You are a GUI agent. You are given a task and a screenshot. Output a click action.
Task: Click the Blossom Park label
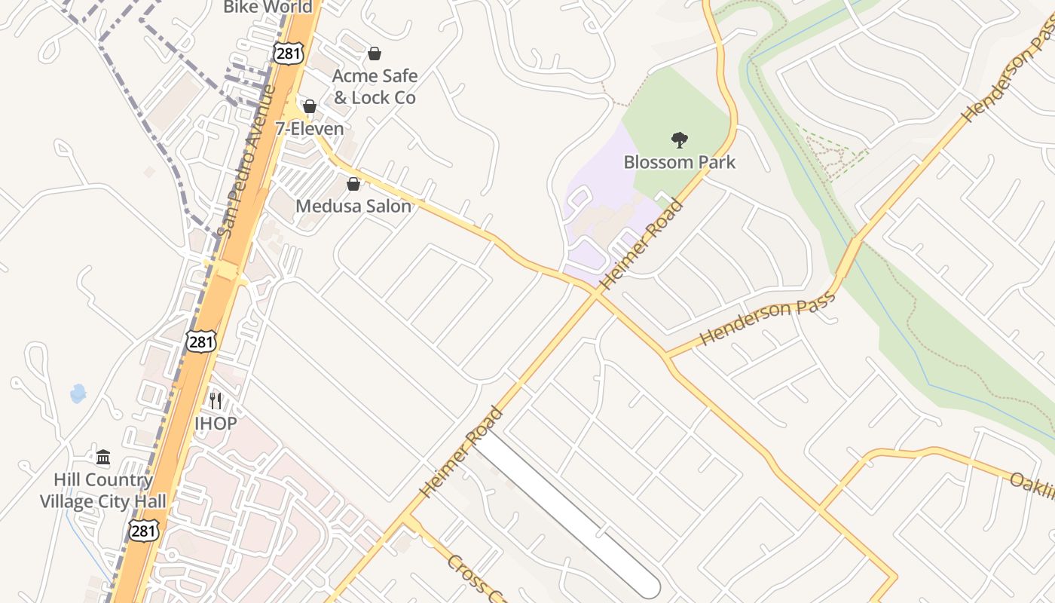pos(679,162)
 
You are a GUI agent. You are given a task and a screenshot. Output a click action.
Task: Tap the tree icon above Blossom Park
pos(679,139)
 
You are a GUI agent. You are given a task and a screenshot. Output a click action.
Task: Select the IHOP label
pos(216,424)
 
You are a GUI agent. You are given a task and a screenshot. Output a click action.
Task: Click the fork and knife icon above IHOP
pos(216,399)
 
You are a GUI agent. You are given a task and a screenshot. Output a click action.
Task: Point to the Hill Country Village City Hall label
pos(102,490)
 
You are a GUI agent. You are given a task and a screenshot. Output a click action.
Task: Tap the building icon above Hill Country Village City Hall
pos(103,457)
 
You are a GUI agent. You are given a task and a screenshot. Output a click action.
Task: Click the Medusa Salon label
pos(353,206)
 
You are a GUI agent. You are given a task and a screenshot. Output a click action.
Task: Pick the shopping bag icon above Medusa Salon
pos(353,184)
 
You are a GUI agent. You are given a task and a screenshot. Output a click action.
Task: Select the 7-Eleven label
pos(309,129)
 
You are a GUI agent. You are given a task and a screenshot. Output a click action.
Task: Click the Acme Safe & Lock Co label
pos(375,87)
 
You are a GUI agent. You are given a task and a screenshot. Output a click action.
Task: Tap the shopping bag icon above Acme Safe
pos(374,54)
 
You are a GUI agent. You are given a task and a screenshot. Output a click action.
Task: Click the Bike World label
pos(268,8)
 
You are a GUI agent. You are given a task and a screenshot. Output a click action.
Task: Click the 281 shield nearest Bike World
pos(286,53)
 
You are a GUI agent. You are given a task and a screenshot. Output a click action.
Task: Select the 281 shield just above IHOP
pos(201,341)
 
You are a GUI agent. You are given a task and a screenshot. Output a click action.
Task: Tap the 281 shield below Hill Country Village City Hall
pos(143,530)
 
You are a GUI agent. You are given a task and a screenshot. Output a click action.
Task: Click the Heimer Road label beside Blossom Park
pos(642,245)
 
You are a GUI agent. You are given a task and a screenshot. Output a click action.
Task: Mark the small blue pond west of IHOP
pos(78,393)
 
